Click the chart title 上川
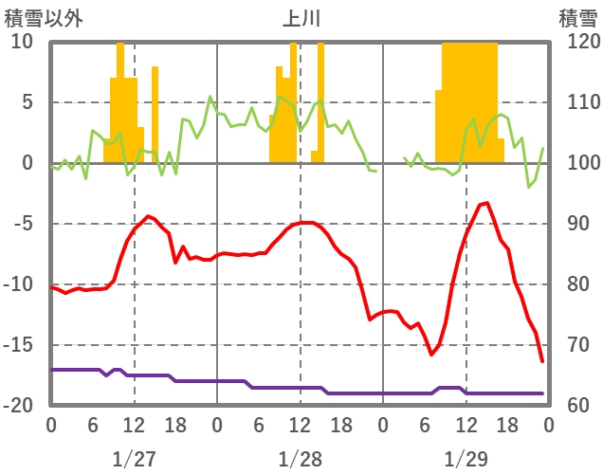(x=301, y=17)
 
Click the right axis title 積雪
(x=577, y=17)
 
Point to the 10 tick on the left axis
(x=23, y=42)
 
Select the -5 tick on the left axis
(x=21, y=224)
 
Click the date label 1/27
(x=134, y=459)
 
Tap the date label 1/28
(x=300, y=459)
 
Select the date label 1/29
(x=466, y=459)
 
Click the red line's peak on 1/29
(x=486, y=203)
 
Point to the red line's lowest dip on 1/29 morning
(x=431, y=355)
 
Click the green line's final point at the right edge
(x=542, y=148)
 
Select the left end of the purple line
(x=52, y=369)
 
